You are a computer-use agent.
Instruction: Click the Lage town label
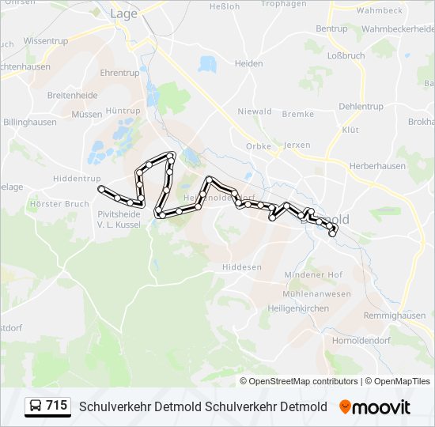coord(123,13)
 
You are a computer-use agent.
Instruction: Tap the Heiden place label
coord(248,63)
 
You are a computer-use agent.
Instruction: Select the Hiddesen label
coord(241,267)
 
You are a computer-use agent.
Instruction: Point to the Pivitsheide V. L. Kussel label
coord(119,219)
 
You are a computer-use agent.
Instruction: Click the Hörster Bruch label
coord(59,203)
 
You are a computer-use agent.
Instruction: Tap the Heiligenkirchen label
coord(297,308)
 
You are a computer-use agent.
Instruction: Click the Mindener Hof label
coord(313,274)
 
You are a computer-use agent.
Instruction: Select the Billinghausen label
coord(31,123)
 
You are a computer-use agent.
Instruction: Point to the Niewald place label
coord(255,111)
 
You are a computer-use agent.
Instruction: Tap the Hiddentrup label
coord(77,179)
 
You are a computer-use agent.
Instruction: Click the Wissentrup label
coord(47,40)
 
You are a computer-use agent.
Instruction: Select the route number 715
coord(56,406)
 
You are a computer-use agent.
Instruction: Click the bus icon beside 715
coord(36,406)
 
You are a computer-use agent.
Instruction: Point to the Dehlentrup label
coord(361,106)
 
